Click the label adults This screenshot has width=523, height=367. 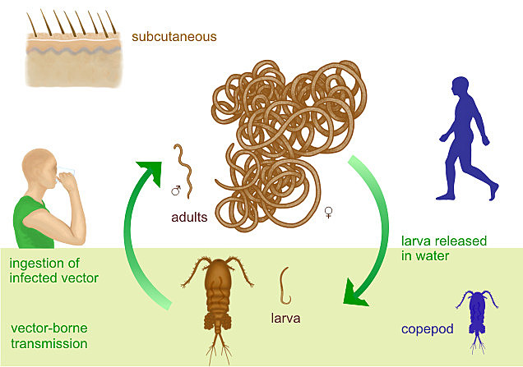189,218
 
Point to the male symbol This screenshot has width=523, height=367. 175,190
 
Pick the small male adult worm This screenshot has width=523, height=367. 185,168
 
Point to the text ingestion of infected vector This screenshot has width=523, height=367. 53,270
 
